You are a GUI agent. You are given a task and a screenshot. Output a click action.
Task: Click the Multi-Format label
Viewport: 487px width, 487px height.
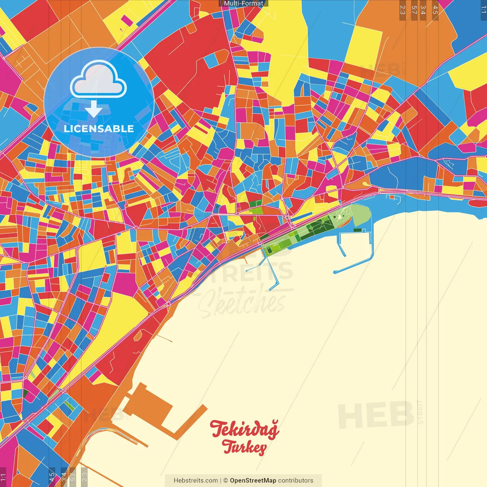243,3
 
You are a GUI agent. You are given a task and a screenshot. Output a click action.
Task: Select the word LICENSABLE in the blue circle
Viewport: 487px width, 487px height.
99,129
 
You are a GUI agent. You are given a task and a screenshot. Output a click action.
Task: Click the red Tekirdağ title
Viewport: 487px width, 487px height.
244,429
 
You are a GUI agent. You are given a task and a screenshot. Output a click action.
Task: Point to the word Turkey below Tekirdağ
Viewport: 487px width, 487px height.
244,447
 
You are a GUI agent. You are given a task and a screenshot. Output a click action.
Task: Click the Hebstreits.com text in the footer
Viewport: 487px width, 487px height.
196,481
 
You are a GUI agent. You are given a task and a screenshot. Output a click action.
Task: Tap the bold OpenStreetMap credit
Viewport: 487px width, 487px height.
253,481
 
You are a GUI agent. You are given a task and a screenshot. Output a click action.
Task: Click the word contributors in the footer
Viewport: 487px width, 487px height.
296,481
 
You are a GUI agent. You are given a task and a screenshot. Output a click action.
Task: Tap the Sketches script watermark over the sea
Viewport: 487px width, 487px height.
242,302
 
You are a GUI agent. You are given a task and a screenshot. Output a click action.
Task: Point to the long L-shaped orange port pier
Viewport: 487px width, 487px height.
190,422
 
